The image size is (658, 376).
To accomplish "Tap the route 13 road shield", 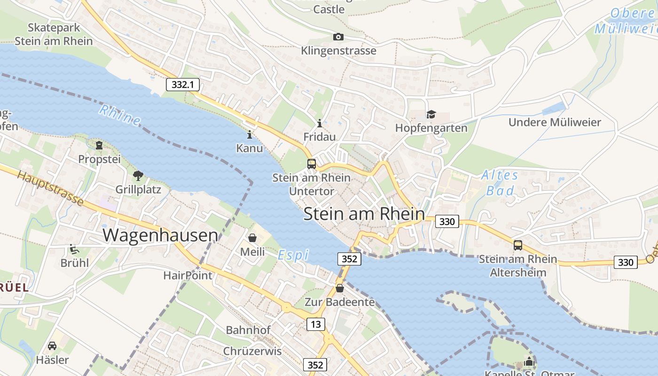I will pos(316,324).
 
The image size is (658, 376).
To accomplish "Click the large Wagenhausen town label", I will pos(160,235).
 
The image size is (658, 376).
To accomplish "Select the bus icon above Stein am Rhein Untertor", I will pos(312,164).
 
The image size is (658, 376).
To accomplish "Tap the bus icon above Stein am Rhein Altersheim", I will pos(517,245).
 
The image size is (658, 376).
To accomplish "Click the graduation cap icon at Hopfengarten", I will pos(431,114).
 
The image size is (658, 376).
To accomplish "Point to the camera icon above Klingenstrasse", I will pos(338,37).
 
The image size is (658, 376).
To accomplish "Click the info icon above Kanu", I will pos(249,135).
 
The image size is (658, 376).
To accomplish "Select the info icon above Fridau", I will pos(320,123).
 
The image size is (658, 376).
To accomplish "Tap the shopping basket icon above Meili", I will pos(252,238).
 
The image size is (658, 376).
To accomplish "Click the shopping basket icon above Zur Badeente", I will pos(339,288).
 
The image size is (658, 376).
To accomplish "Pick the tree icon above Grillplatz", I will pos(138,176).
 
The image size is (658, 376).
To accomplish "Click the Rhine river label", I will pos(119,115).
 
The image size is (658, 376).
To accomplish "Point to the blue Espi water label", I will pos(293,255).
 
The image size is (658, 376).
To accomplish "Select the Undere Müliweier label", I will pos(555,122).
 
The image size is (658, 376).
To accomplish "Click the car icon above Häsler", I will pos(52,346).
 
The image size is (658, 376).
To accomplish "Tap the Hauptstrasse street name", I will pos(51,188).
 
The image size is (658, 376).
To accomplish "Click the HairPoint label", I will pos(188,275).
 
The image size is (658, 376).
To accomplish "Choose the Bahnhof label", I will pos(249,330).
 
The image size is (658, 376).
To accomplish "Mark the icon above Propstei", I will pos(99,145).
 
